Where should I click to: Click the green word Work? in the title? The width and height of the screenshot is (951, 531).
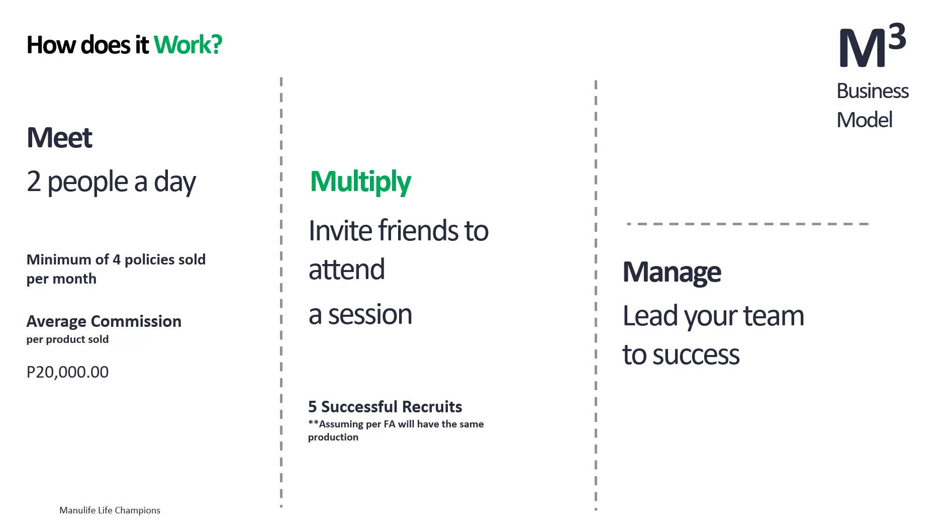click(x=187, y=45)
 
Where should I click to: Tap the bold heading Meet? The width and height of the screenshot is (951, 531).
click(x=59, y=137)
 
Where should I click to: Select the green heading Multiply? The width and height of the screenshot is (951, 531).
click(x=360, y=182)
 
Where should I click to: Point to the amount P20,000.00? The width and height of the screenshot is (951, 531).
click(x=67, y=372)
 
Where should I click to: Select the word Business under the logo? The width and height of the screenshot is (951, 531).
click(x=873, y=91)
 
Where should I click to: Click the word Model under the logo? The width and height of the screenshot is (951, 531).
click(x=865, y=120)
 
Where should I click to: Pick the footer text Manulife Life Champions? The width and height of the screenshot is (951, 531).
click(x=110, y=510)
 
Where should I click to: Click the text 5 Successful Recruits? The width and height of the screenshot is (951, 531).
click(x=385, y=406)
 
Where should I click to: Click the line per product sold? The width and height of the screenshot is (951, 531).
click(x=67, y=339)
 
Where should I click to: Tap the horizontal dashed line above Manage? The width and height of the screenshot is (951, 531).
click(x=748, y=224)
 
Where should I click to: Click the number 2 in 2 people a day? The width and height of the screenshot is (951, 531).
click(x=34, y=182)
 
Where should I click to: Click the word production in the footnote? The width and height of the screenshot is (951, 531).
click(x=333, y=437)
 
